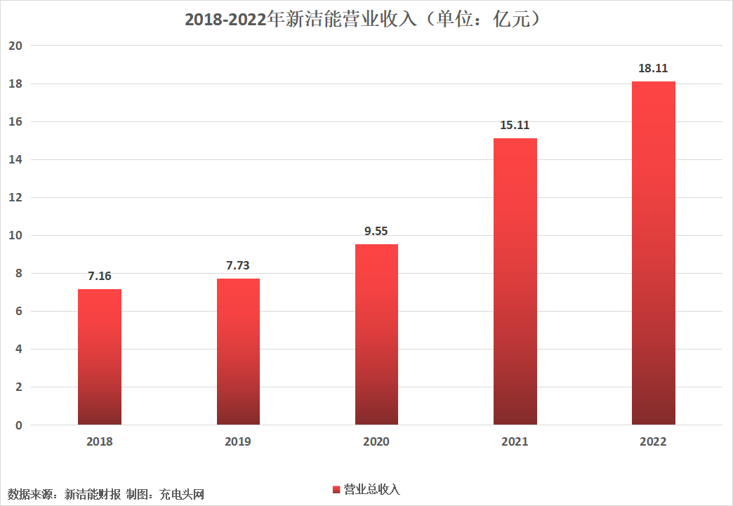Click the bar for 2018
click(100, 357)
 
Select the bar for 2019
click(239, 352)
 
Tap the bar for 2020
click(377, 335)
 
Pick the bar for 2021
click(515, 281)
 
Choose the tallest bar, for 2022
click(654, 253)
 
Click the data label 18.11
click(653, 68)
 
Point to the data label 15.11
click(515, 125)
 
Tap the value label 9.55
click(376, 231)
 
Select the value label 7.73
click(238, 265)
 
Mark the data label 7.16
click(100, 276)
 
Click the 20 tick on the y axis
click(15, 46)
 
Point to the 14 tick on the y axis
click(15, 160)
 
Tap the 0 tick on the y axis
click(19, 425)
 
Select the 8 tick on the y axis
click(19, 273)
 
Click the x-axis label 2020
click(376, 441)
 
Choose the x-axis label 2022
click(653, 441)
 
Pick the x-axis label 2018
click(100, 441)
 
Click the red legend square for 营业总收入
click(336, 490)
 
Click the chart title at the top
click(363, 19)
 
